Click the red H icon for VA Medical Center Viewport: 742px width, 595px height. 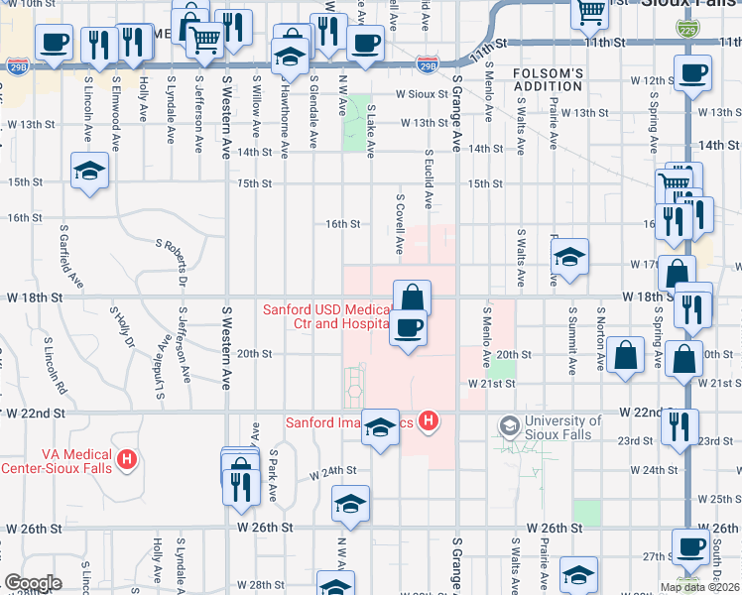[x=127, y=459]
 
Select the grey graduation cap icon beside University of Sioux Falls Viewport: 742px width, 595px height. [x=509, y=426]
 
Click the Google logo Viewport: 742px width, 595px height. [x=33, y=583]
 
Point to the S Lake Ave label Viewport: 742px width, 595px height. [x=371, y=131]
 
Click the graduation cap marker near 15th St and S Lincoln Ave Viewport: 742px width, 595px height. [x=89, y=170]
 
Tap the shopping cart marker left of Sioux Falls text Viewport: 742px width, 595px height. [x=590, y=11]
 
